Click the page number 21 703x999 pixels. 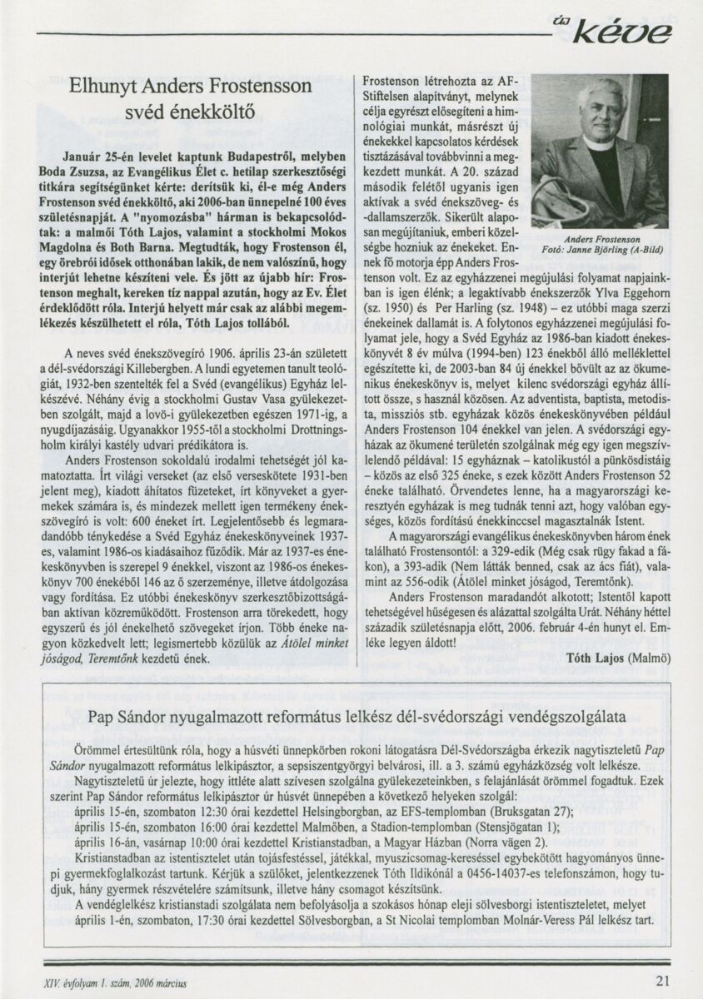662,980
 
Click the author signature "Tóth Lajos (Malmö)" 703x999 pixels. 620,657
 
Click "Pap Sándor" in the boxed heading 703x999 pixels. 126,717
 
